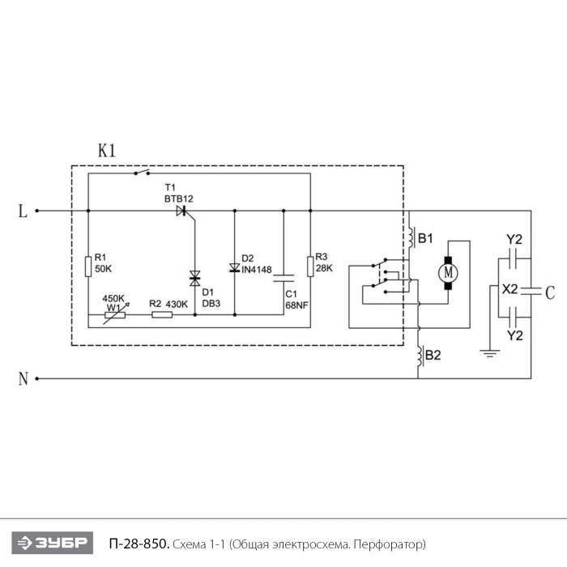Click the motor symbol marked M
447,273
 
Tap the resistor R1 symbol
88,266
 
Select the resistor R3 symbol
309,266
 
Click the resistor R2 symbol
161,313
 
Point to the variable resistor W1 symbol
114,313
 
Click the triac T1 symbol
181,211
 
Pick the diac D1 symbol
194,279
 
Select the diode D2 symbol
234,268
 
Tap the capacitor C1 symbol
284,279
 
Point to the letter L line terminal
23,211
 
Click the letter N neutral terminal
23,378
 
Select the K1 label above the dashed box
107,151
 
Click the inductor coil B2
420,356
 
